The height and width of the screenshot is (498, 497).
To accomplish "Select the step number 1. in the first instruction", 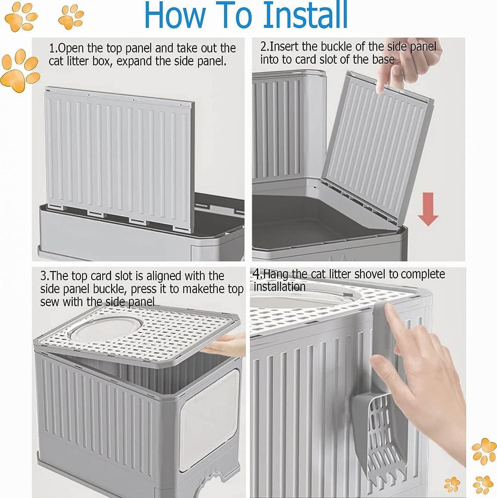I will click(x=53, y=48).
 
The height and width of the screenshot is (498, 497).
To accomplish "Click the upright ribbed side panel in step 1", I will click(x=117, y=155).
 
